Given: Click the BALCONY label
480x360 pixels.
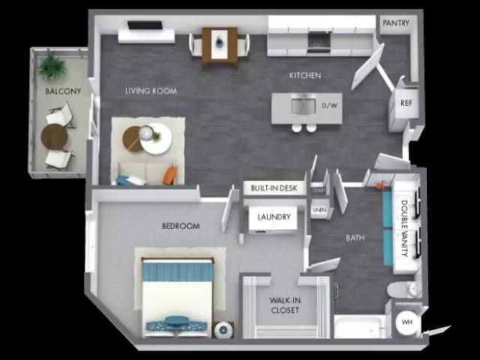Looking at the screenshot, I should (58, 92).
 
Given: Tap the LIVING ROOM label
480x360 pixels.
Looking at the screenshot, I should (151, 91).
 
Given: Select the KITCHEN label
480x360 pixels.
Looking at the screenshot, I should (305, 76).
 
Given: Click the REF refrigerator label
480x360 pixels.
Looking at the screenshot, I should (405, 103).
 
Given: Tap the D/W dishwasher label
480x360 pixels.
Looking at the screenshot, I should (330, 106).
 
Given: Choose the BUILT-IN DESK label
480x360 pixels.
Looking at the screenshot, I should (274, 187).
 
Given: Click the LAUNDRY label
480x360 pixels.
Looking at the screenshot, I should (273, 217).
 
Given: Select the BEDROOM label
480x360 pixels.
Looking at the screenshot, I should (181, 226).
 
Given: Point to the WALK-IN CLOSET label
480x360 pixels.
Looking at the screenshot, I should (284, 305).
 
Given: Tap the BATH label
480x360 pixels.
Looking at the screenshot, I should (355, 238).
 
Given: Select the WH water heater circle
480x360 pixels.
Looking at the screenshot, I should (407, 322).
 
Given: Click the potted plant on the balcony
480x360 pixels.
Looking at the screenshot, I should (52, 66).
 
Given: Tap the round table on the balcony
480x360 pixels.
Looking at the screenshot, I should (54, 137).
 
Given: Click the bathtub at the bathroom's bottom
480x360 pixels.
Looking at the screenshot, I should (361, 327).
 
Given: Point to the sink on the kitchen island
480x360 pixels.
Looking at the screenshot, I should (303, 105).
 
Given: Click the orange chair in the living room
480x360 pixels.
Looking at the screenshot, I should (170, 176).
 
